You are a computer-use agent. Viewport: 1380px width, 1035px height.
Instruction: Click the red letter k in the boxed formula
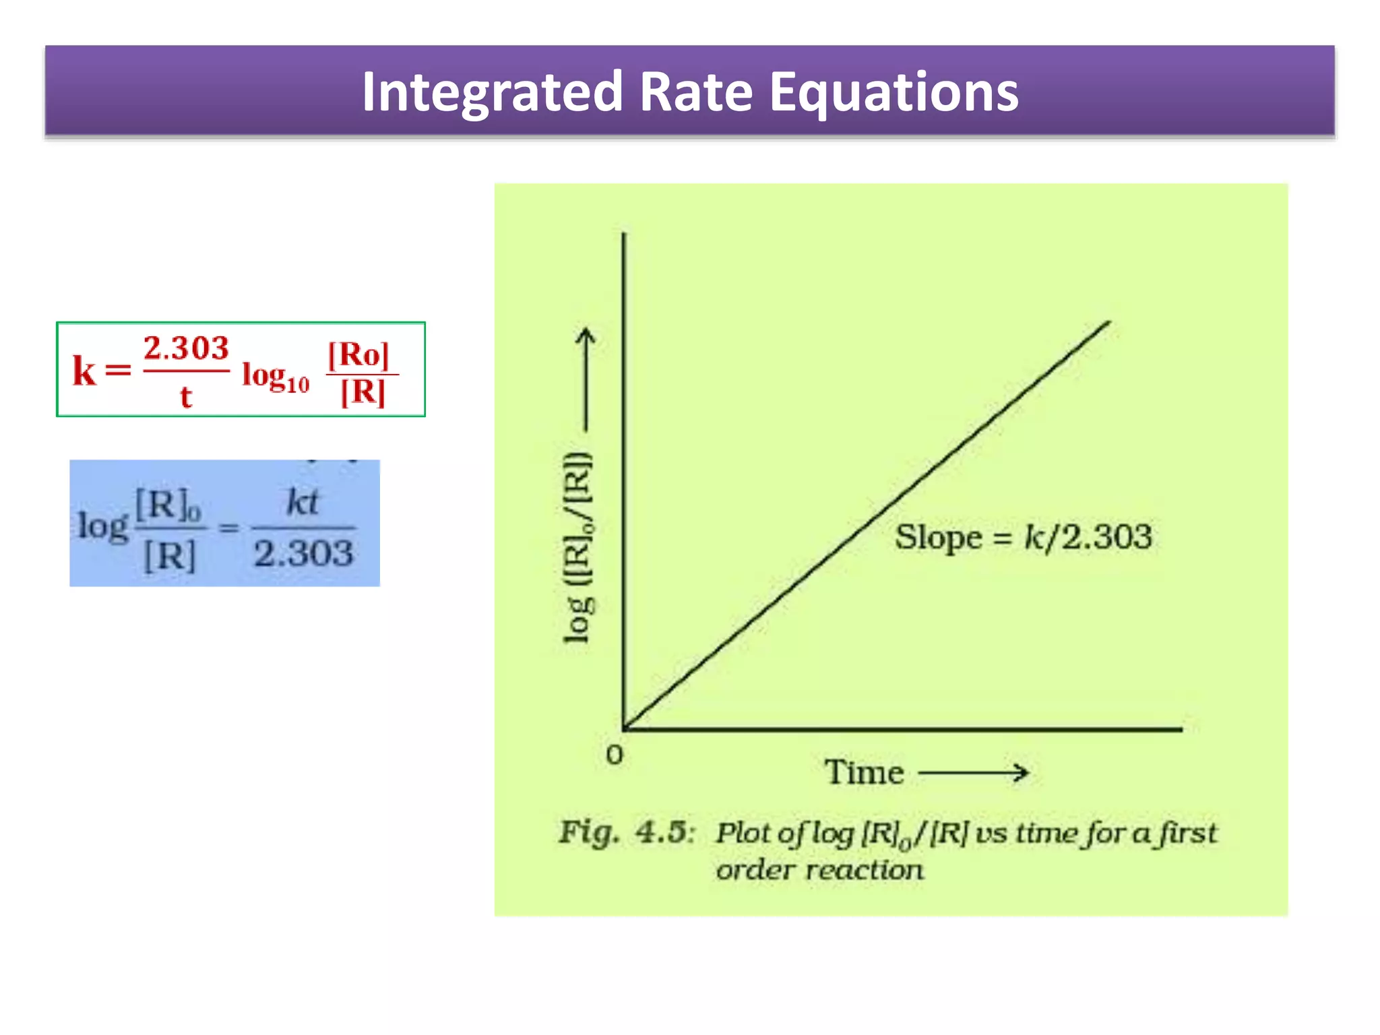(84, 371)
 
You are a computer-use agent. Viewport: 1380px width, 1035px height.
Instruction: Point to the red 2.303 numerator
(186, 348)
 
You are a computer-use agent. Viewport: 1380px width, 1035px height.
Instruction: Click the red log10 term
(276, 376)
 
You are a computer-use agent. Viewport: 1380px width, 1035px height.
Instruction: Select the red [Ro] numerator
(358, 354)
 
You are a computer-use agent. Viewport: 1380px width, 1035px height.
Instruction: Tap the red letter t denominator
(186, 396)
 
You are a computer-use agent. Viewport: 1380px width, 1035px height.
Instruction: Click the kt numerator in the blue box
(302, 502)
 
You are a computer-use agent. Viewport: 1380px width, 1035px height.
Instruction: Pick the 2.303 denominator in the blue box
(303, 554)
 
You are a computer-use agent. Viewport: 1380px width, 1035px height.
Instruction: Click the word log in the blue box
(102, 526)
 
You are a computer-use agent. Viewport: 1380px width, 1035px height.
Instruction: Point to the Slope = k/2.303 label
(1023, 538)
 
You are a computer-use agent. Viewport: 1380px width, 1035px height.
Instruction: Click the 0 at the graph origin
(615, 755)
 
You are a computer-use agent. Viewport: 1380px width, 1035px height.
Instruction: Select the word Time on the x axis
(865, 772)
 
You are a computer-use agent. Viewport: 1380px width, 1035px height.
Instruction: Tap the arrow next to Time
(974, 772)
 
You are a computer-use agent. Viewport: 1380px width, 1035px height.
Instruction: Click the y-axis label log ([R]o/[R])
(578, 547)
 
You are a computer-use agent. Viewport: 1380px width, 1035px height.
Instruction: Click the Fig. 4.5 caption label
(626, 833)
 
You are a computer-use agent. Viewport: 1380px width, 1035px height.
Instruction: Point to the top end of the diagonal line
(1108, 322)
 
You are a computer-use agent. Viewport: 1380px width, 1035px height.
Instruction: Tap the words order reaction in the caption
(819, 870)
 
